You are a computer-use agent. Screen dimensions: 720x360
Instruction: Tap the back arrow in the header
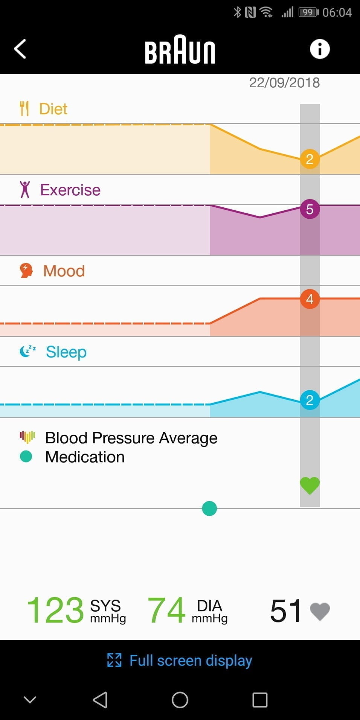(x=20, y=49)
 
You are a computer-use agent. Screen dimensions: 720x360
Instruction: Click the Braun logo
(x=180, y=50)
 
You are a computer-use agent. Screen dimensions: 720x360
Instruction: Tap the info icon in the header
(x=320, y=49)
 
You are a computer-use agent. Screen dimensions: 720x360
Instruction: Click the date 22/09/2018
(x=284, y=83)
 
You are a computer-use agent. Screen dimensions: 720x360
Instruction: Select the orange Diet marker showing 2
(x=310, y=159)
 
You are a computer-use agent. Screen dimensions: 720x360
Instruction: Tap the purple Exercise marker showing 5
(x=310, y=209)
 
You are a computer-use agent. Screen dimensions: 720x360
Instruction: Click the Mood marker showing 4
(x=310, y=299)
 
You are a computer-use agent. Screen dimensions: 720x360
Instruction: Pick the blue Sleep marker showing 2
(x=310, y=400)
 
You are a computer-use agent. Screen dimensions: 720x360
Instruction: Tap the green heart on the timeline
(x=310, y=486)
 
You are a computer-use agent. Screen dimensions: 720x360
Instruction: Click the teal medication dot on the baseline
(x=209, y=508)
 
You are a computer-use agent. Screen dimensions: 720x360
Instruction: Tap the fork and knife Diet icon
(x=24, y=109)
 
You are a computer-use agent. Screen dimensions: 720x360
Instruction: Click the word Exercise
(x=70, y=190)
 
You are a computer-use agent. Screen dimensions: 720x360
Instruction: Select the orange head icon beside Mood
(x=26, y=271)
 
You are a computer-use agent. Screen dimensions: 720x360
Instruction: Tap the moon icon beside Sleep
(x=27, y=351)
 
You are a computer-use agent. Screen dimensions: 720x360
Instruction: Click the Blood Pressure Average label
(x=131, y=438)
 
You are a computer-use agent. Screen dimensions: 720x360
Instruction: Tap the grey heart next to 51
(x=320, y=611)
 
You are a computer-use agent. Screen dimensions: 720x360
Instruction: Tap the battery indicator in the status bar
(x=308, y=12)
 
